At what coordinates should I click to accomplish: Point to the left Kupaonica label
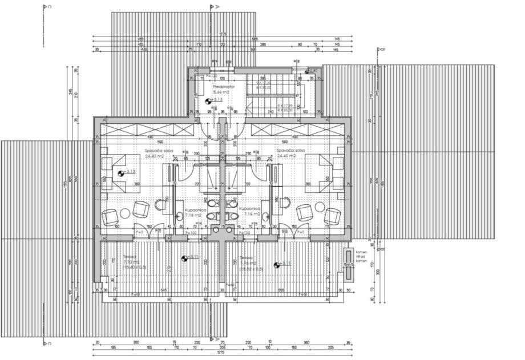click(194, 209)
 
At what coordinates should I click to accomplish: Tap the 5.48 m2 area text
click(221, 92)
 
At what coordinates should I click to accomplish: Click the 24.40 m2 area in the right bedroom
click(286, 156)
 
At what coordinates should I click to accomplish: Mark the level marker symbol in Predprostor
click(208, 101)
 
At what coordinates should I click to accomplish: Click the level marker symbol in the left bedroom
click(121, 173)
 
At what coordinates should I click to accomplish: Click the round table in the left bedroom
click(126, 213)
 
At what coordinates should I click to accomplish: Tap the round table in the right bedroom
click(318, 213)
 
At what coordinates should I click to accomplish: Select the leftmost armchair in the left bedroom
click(108, 217)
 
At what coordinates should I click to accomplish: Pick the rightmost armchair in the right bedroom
click(333, 216)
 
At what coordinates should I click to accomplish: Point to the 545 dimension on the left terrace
click(164, 289)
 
